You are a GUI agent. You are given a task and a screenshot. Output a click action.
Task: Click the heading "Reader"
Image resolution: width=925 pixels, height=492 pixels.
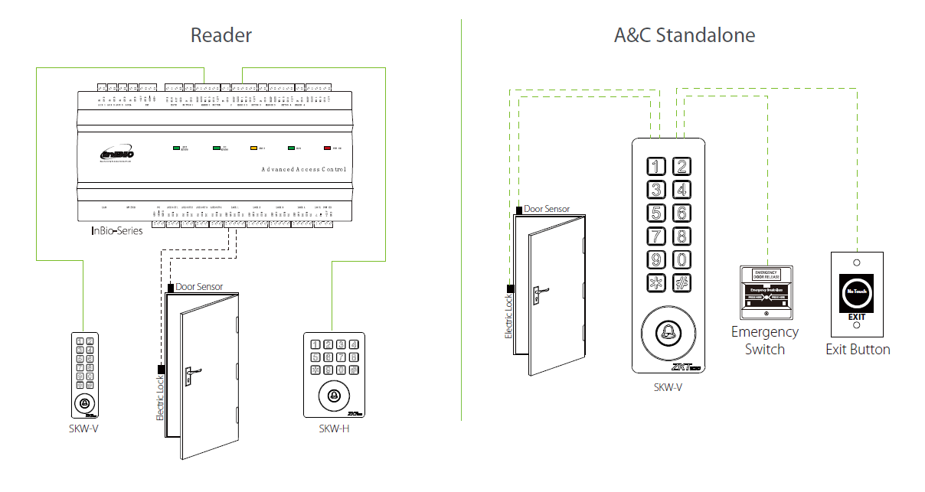[221, 35]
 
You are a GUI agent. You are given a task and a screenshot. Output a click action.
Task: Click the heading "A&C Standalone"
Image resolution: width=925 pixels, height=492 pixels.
[684, 35]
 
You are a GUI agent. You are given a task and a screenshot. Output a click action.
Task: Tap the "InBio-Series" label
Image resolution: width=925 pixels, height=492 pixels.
[116, 230]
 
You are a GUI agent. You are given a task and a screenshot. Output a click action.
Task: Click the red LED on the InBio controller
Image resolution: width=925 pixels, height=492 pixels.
[327, 147]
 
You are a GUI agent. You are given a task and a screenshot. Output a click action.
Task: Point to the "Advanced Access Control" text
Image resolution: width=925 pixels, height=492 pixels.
[304, 169]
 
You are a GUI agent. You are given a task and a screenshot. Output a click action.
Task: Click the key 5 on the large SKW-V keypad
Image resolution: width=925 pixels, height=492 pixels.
[656, 213]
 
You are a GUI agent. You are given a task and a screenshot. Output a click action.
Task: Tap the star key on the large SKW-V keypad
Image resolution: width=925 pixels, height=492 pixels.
[656, 283]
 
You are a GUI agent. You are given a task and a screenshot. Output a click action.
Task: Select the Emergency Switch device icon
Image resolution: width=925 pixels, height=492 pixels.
[765, 292]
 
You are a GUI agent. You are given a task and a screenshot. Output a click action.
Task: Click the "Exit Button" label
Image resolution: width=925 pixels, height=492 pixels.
[858, 350]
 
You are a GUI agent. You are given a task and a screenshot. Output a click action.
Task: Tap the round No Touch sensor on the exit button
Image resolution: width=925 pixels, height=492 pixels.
[857, 292]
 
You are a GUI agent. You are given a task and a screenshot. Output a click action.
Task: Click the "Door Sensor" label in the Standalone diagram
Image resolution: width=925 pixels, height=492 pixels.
[546, 208]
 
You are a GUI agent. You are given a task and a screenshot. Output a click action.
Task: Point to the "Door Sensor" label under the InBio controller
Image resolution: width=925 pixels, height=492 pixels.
[199, 287]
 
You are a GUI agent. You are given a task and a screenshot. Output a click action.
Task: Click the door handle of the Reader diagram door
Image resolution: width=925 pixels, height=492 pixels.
[189, 376]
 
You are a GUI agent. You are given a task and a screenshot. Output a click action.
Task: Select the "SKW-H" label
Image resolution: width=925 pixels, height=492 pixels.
[334, 428]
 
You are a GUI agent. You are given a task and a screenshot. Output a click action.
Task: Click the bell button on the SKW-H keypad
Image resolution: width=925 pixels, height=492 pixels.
[334, 396]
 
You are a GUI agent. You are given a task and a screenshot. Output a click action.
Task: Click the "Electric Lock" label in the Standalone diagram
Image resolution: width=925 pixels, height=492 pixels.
[508, 318]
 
